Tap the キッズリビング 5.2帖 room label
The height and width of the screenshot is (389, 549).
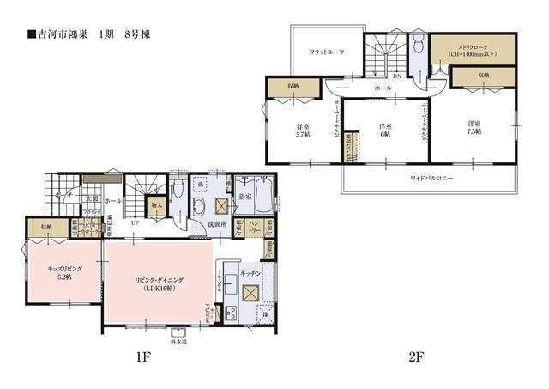pyautogui.click(x=64, y=272)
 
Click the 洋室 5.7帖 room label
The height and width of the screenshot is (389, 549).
pyautogui.click(x=304, y=130)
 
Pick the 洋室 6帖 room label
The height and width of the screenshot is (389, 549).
pyautogui.click(x=385, y=130)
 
